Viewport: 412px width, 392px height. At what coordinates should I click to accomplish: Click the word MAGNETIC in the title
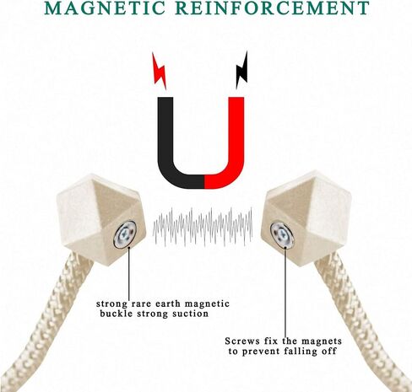tap(105, 8)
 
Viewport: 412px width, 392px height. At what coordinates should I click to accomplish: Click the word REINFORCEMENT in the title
tap(273, 8)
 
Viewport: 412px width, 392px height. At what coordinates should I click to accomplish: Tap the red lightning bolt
tap(159, 71)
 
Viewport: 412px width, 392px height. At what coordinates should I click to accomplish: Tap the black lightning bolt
tap(242, 70)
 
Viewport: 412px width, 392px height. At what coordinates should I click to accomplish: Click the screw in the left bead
tap(125, 234)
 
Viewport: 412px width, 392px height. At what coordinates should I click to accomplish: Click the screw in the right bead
tap(282, 234)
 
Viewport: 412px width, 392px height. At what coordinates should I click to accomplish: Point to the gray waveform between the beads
tap(203, 227)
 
